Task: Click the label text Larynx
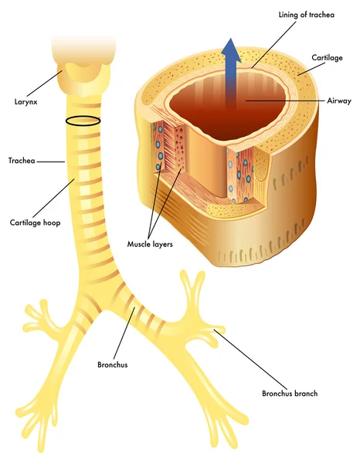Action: tap(26, 102)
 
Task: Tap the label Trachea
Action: tap(22, 161)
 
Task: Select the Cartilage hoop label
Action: tap(36, 223)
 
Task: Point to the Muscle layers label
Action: tap(150, 244)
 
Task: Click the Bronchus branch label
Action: tap(290, 394)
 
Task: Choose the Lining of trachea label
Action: tap(307, 15)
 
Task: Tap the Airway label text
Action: tap(339, 101)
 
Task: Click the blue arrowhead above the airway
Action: tap(231, 50)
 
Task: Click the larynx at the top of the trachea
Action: tap(83, 77)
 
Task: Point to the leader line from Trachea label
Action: tap(50, 162)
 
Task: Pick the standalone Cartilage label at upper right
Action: tap(328, 58)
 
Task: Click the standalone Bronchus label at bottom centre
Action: tap(113, 364)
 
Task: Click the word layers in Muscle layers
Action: tap(161, 244)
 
